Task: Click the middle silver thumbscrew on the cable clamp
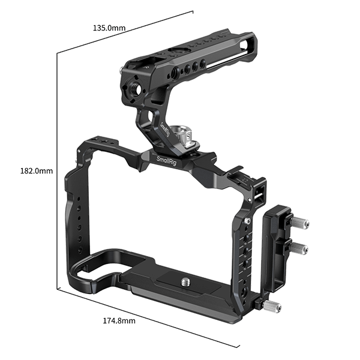(303, 247)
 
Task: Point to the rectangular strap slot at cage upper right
(260, 193)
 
